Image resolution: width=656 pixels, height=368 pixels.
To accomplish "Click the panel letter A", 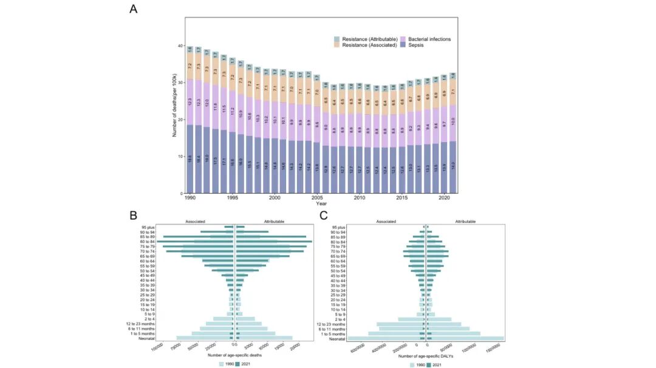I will click(133, 9).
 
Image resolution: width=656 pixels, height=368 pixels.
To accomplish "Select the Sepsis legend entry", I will click(417, 45).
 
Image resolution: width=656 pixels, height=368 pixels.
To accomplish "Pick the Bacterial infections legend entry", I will click(428, 39).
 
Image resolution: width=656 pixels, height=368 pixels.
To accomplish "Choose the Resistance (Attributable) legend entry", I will click(368, 39).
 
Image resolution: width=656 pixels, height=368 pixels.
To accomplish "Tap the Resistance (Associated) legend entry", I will click(367, 45).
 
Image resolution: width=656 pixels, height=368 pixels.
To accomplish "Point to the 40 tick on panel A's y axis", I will click(181, 46).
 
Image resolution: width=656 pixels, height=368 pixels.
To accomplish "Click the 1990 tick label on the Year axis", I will click(190, 198).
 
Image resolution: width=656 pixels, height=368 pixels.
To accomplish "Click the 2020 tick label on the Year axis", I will click(443, 198).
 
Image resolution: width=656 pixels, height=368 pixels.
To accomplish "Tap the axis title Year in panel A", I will click(321, 204).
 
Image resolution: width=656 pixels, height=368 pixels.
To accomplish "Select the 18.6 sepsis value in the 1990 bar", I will click(190, 159).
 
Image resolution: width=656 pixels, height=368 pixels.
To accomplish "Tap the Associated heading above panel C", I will click(388, 222).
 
